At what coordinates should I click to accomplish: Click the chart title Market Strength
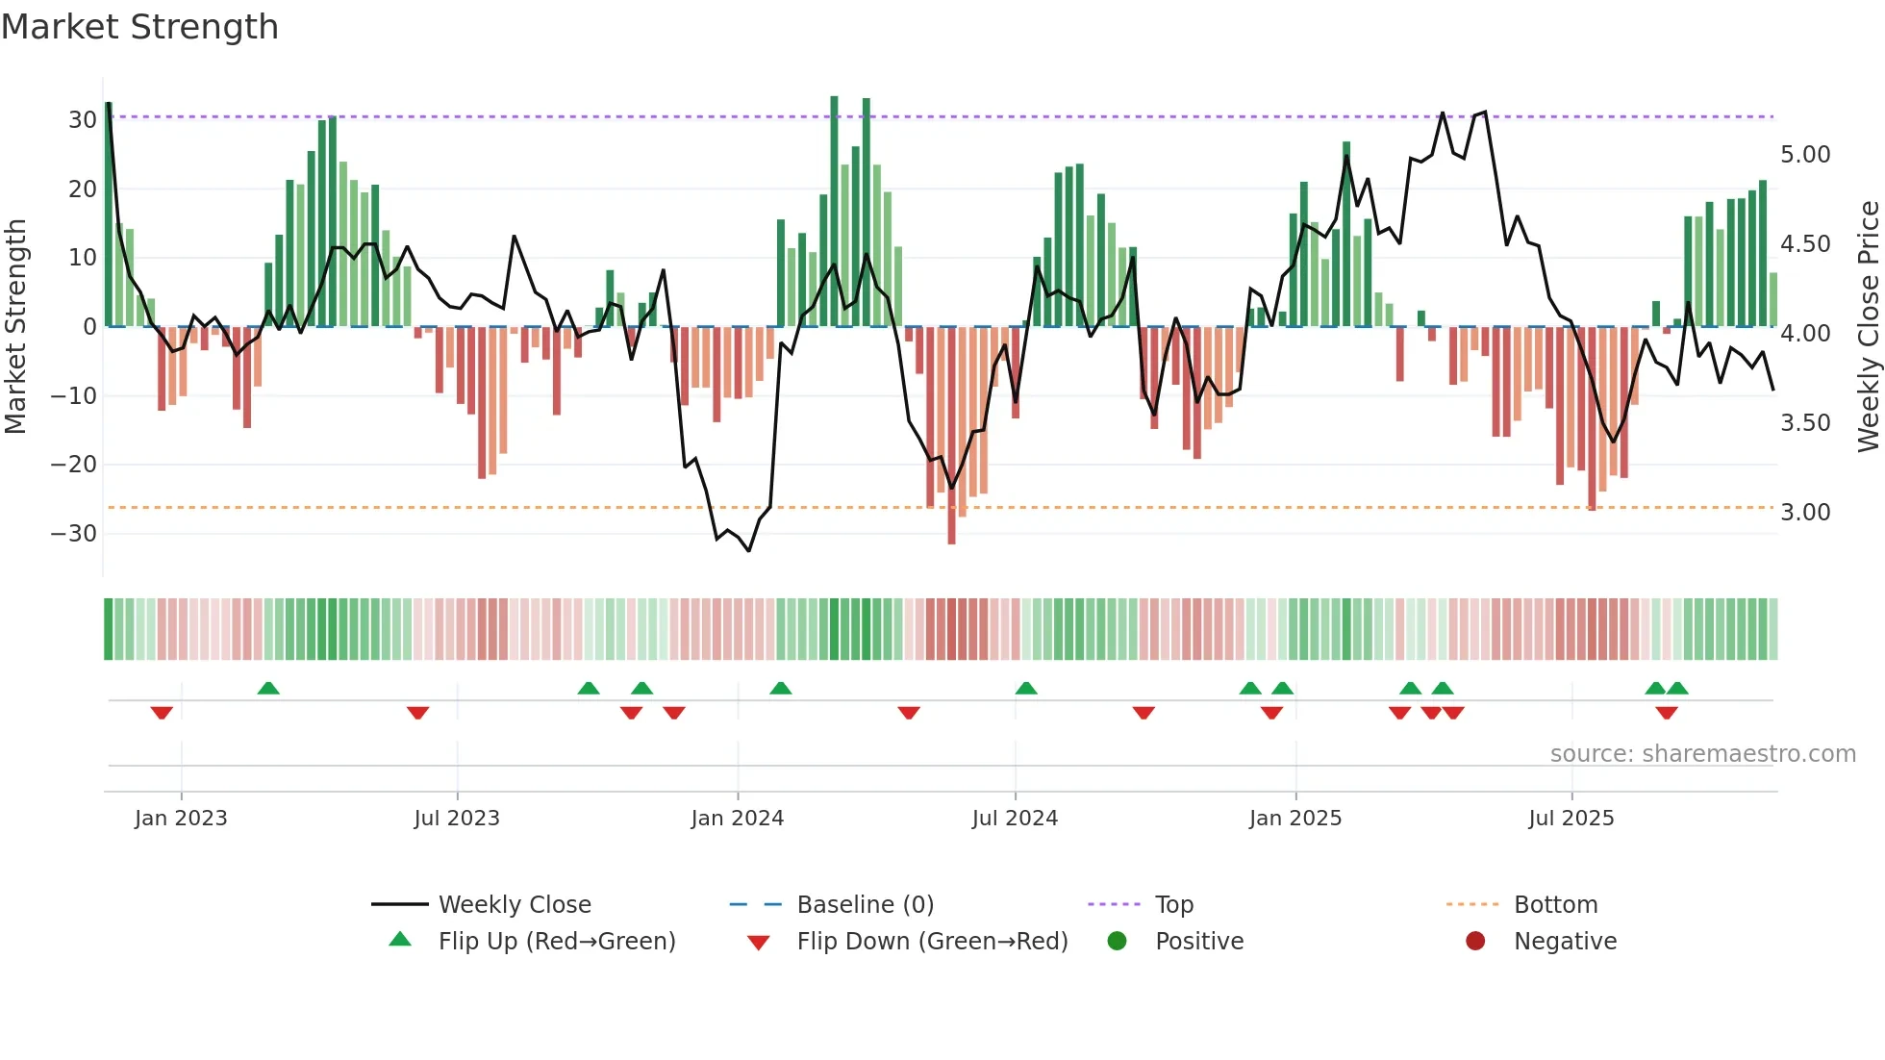139,27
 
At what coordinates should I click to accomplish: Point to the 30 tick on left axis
82,120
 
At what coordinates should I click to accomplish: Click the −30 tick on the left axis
74,533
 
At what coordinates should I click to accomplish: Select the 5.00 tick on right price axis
1805,155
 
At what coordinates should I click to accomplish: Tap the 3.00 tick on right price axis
1805,513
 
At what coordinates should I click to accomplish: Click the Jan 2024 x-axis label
737,819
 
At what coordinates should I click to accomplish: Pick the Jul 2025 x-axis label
1571,819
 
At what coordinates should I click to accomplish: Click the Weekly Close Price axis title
1868,326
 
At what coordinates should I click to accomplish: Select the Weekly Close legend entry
515,905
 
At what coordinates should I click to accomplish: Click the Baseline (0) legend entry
865,905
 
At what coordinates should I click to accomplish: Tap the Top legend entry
1173,905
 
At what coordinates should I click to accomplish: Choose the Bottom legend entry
1555,905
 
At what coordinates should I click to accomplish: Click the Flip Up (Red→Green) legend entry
556,942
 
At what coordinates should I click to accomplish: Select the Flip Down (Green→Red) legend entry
931,942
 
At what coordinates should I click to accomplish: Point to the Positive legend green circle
1117,942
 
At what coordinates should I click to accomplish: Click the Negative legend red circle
1475,942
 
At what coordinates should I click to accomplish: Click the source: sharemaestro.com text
1702,754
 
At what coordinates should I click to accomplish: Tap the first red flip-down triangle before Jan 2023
162,713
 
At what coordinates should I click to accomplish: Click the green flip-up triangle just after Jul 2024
1026,689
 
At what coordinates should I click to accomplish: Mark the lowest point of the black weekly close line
748,550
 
